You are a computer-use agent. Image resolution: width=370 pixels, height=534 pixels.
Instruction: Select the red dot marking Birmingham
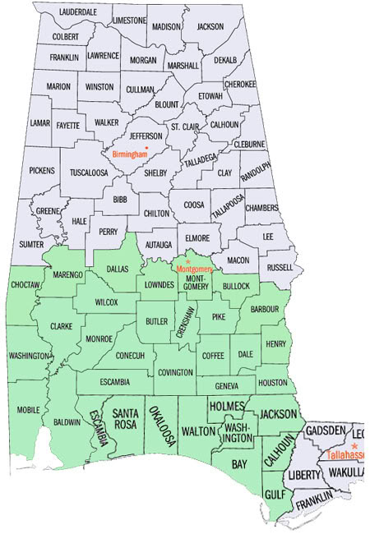pos(146,148)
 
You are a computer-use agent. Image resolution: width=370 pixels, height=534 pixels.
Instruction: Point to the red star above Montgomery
pos(187,261)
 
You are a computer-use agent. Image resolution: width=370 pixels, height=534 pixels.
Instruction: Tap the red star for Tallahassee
pos(354,445)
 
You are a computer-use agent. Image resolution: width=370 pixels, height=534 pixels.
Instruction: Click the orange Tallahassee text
pos(346,454)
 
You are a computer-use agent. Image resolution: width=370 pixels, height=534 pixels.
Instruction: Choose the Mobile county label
pos(28,409)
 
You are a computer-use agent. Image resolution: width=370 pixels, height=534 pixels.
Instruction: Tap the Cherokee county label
pos(240,84)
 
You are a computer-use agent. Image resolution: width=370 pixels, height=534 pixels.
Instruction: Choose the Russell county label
pos(280,267)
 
